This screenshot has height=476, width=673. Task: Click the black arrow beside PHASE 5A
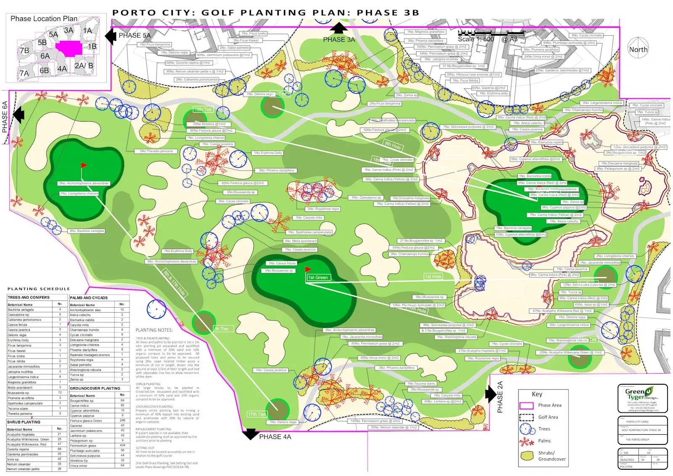(x=111, y=36)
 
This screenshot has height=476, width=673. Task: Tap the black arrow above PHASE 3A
(x=339, y=28)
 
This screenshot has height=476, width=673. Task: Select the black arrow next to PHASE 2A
(x=490, y=394)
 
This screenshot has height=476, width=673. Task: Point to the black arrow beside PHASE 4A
(x=251, y=434)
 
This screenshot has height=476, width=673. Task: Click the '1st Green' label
(x=318, y=277)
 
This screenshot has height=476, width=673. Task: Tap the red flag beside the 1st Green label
(x=308, y=269)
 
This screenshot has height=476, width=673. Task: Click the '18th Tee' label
(x=203, y=109)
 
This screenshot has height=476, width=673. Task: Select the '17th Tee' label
(x=257, y=414)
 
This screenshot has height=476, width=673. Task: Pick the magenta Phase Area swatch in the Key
(x=526, y=406)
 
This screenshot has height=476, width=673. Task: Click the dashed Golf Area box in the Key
(x=526, y=417)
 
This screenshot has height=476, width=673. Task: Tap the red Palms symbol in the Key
(x=526, y=441)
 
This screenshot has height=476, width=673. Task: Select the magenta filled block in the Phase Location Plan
(x=69, y=48)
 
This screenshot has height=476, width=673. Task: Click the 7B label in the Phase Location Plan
(x=24, y=51)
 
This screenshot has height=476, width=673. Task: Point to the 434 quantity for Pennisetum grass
(x=122, y=445)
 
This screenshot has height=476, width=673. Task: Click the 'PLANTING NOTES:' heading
(x=154, y=330)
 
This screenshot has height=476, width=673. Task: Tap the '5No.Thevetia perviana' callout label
(x=156, y=151)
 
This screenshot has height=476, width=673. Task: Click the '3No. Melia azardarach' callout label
(x=300, y=241)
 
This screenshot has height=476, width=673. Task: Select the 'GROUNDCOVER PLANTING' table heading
(x=95, y=388)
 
